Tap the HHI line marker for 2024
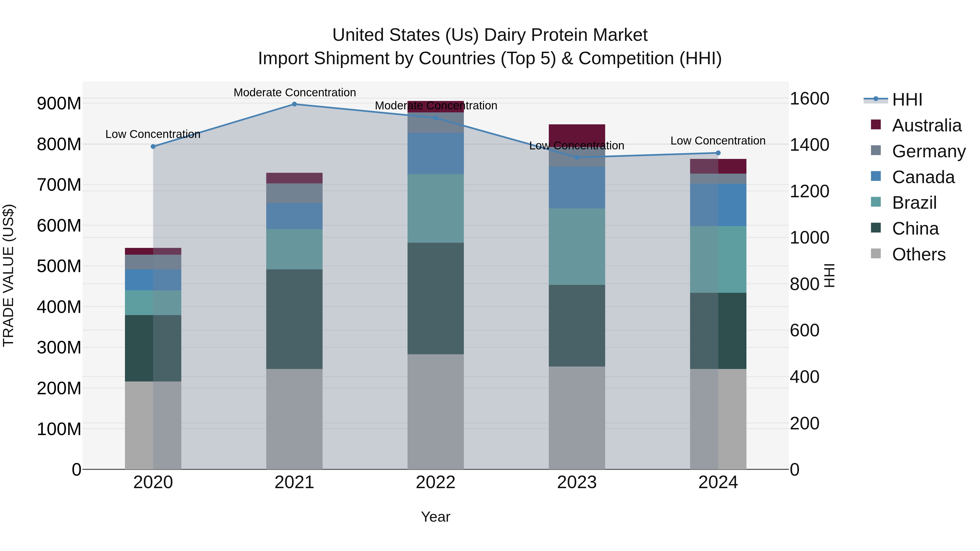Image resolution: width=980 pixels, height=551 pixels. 718,153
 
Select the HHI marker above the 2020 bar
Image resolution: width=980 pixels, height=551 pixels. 153,146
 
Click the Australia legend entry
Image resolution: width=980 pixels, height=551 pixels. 926,125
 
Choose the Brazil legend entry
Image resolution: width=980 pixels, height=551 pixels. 914,203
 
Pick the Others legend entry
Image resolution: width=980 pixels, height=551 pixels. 918,254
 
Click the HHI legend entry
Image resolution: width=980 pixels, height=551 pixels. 907,100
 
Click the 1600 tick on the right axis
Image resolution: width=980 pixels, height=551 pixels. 809,98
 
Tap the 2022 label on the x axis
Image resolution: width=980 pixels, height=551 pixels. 435,482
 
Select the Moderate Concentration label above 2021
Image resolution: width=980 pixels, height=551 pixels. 295,93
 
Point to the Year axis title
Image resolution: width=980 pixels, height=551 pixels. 435,517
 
